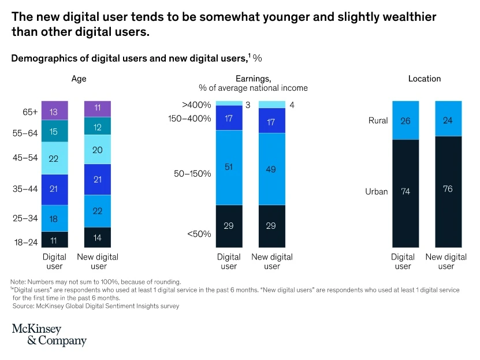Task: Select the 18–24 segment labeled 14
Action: pos(98,237)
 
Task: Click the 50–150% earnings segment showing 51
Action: pos(229,168)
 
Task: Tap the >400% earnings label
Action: pos(196,105)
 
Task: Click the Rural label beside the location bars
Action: pos(378,121)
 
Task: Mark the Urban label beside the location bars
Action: pos(377,192)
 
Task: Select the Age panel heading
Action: pos(79,79)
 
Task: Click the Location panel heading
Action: pos(424,79)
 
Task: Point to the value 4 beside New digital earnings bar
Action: pos(292,105)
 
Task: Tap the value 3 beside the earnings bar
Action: pos(248,105)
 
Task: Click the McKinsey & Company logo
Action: pos(49,335)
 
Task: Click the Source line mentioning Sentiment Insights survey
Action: pos(96,306)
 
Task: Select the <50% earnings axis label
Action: pos(199,234)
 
